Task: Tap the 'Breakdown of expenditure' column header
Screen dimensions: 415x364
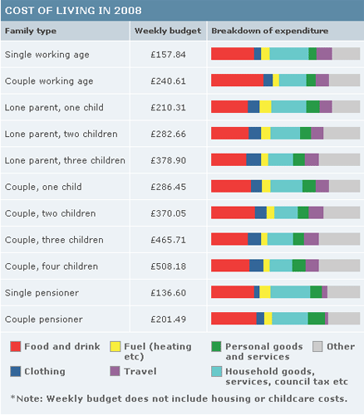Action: coord(269,31)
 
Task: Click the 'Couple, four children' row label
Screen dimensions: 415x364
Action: coord(49,266)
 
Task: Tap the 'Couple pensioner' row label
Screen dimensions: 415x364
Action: coord(44,320)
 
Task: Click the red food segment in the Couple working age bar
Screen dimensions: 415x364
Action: coord(237,81)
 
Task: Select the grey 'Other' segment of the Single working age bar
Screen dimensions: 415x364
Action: coord(346,54)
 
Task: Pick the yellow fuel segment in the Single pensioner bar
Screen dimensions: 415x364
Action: coord(265,292)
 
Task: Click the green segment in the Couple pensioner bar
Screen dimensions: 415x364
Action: coord(317,319)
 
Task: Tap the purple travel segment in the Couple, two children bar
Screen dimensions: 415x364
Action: coord(316,212)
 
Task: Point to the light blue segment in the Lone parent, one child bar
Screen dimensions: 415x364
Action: coord(288,107)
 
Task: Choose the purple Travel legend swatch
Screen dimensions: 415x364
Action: coord(116,371)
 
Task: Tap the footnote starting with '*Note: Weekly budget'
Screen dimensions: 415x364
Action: coord(176,398)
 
